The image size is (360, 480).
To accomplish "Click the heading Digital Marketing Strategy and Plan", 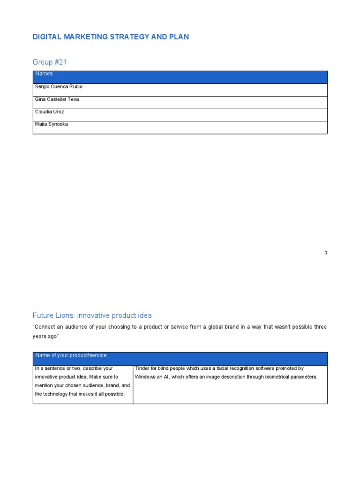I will click(111, 37).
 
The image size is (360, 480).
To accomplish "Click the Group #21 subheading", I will click(49, 62).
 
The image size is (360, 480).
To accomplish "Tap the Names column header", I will click(44, 74).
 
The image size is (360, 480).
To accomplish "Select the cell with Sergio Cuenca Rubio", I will click(59, 87).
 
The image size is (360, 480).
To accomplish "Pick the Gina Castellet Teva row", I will click(57, 99).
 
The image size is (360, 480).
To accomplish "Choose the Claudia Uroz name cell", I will click(49, 112).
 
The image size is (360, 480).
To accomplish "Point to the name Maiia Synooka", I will click(51, 124).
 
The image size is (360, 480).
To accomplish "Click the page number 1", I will click(326, 253).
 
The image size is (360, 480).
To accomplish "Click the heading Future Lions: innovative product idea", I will click(92, 315).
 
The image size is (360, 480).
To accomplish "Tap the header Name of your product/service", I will click(72, 355).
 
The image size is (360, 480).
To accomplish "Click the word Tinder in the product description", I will click(142, 368).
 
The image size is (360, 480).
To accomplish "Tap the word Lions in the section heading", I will click(66, 315).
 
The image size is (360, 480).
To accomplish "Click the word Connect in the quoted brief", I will click(45, 327).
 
